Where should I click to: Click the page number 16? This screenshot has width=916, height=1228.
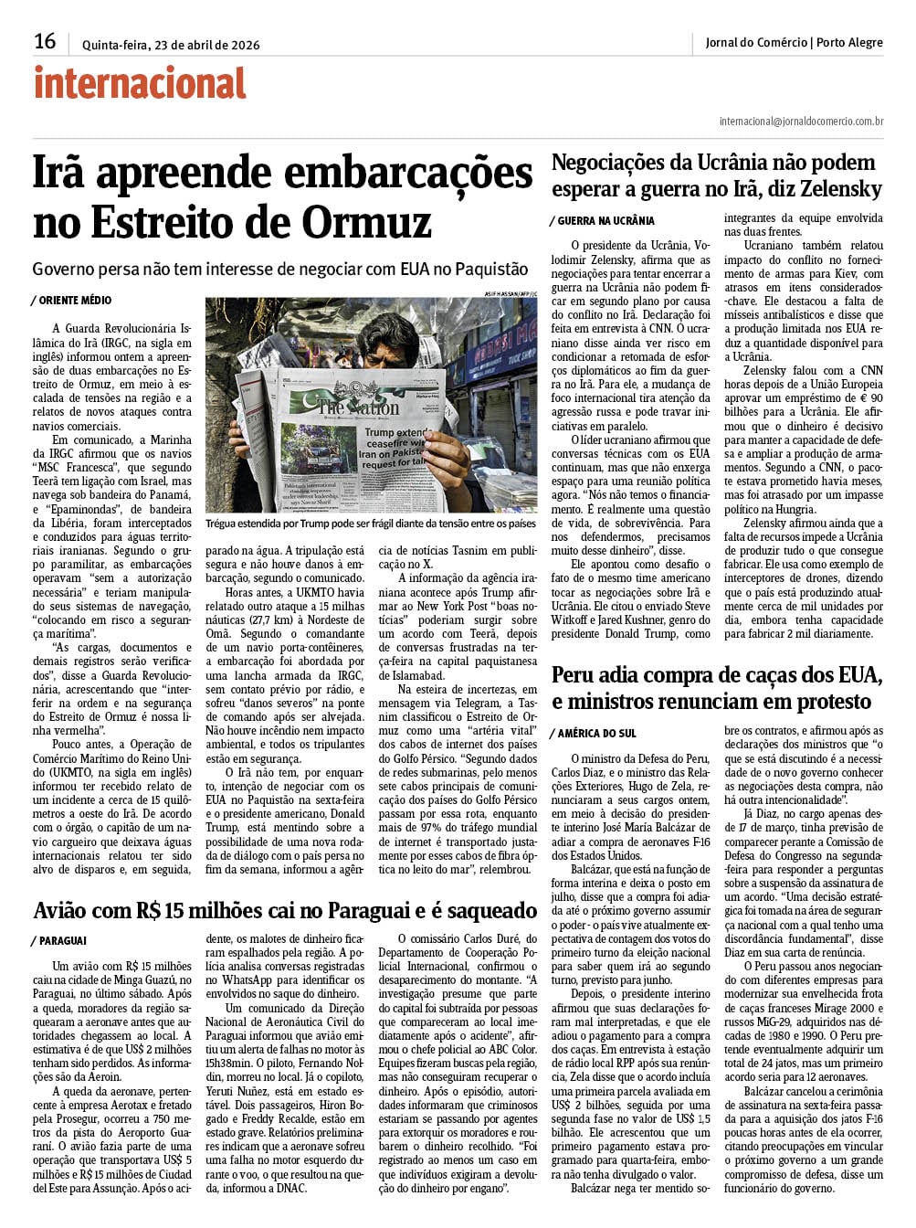coord(45,41)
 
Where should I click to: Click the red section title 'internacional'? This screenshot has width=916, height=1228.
coord(140,84)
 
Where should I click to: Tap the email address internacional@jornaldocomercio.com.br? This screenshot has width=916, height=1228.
coord(801,121)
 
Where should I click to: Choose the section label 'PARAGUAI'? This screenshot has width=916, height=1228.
coord(62,941)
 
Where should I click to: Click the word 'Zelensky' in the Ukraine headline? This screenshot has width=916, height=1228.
coord(840,190)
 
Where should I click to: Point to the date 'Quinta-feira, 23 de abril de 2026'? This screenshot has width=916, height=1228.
coord(171,43)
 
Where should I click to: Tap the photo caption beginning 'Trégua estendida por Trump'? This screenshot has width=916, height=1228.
coord(370,524)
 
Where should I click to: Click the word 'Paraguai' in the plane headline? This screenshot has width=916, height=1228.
coord(395,911)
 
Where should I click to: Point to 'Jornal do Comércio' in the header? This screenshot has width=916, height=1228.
coord(755,42)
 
